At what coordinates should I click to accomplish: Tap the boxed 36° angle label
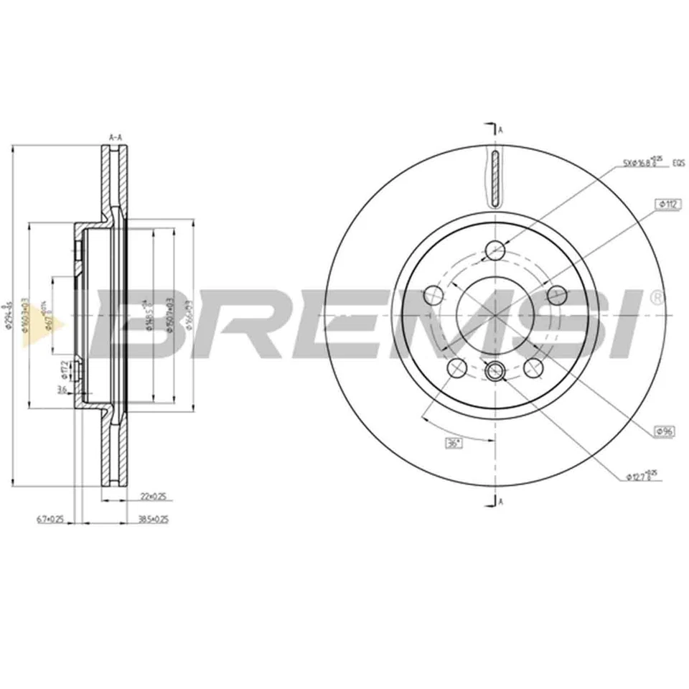[x=453, y=443]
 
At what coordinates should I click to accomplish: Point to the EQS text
[x=677, y=163]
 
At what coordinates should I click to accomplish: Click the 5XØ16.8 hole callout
[x=640, y=162]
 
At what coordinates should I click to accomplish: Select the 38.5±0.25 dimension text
[x=152, y=519]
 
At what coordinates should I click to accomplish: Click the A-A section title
[x=114, y=136]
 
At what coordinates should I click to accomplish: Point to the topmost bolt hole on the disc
[x=495, y=250]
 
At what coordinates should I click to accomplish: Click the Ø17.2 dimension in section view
[x=63, y=369]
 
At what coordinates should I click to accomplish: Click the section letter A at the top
[x=501, y=130]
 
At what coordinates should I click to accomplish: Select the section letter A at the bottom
[x=501, y=502]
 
